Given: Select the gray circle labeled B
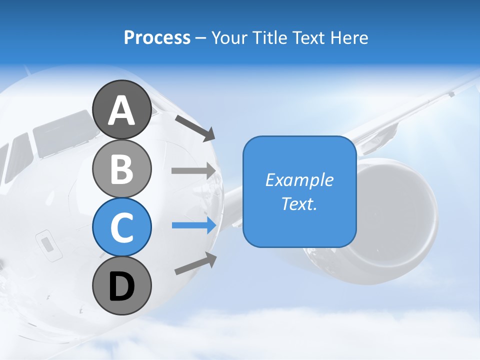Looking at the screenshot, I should coord(121,168).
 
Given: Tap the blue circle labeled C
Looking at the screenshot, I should coord(121,227).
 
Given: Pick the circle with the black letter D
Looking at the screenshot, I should coord(121,286).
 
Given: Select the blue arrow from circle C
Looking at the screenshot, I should coord(194,225).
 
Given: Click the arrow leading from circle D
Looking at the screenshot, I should coord(195,263).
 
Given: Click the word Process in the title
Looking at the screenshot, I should coord(157,37).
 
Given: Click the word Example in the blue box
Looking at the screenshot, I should coord(299,180).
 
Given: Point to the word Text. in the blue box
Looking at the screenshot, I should coord(299,204).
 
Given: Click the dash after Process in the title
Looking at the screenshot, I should coord(200,38).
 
